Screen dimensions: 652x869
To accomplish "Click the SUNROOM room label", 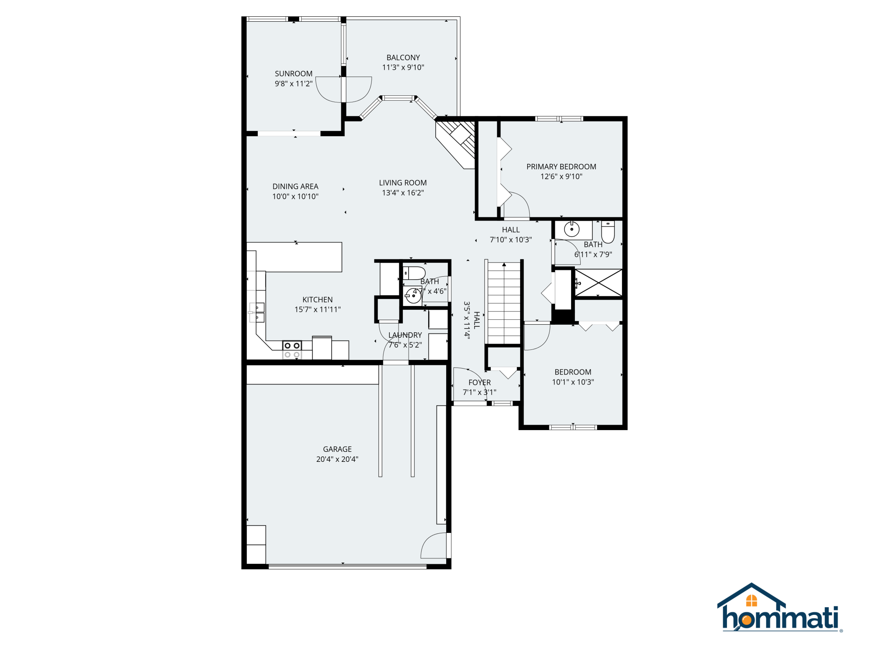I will click(x=293, y=74).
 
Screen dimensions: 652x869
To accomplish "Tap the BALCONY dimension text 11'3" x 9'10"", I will click(x=403, y=67).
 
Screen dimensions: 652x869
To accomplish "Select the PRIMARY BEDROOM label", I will click(x=561, y=167).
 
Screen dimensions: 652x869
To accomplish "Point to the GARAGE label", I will click(x=337, y=449).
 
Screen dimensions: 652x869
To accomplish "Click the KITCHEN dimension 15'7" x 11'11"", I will click(x=318, y=310).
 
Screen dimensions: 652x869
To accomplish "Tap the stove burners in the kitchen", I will click(x=292, y=350).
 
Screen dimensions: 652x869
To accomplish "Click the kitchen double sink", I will click(x=257, y=313).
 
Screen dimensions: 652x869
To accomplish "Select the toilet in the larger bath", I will click(x=607, y=232).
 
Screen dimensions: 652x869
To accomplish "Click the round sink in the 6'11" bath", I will click(x=571, y=229).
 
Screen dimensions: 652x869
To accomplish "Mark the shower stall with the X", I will click(x=598, y=283).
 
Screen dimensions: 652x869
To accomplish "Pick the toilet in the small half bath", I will click(x=414, y=273).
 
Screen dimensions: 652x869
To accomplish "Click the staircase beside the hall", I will click(x=504, y=303).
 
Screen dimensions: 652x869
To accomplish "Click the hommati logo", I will click(x=780, y=608).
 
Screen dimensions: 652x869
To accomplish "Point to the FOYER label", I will click(x=479, y=382).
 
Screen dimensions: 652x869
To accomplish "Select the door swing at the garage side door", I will click(x=434, y=545).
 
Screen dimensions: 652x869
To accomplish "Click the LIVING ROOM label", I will click(x=402, y=183).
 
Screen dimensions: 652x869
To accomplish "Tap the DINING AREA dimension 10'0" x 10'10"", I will click(x=295, y=196).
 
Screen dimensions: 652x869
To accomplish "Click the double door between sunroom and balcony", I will click(x=343, y=89).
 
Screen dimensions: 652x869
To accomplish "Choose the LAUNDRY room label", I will click(x=405, y=335).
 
